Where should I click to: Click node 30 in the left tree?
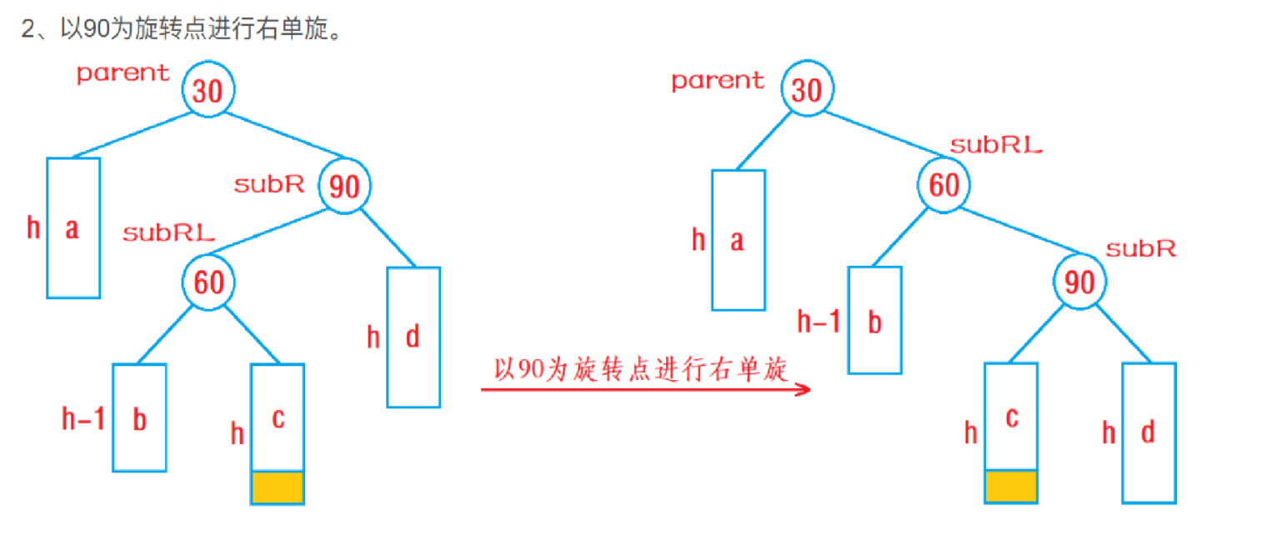(208, 89)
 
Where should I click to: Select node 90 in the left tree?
(344, 186)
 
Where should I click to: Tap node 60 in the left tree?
(208, 282)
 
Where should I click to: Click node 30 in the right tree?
(806, 89)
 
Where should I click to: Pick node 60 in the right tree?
(944, 185)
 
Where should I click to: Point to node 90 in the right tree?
(1079, 282)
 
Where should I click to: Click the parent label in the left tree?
(123, 73)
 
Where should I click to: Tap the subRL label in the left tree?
(168, 233)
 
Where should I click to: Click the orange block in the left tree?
(278, 487)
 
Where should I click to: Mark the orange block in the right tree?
(1011, 487)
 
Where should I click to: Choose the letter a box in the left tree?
(73, 227)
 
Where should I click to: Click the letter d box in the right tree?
(1148, 432)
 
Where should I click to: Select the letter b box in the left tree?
(139, 418)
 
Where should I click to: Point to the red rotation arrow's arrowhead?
(804, 389)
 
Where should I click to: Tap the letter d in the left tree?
(412, 337)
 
